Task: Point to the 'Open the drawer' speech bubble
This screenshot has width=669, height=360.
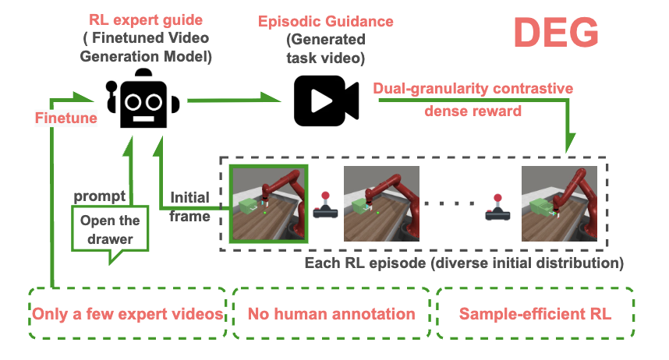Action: (x=110, y=229)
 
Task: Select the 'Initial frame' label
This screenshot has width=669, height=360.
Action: (x=189, y=206)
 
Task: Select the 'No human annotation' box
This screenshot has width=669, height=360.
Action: (x=331, y=314)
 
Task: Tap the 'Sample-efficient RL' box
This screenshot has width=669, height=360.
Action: (x=534, y=314)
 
